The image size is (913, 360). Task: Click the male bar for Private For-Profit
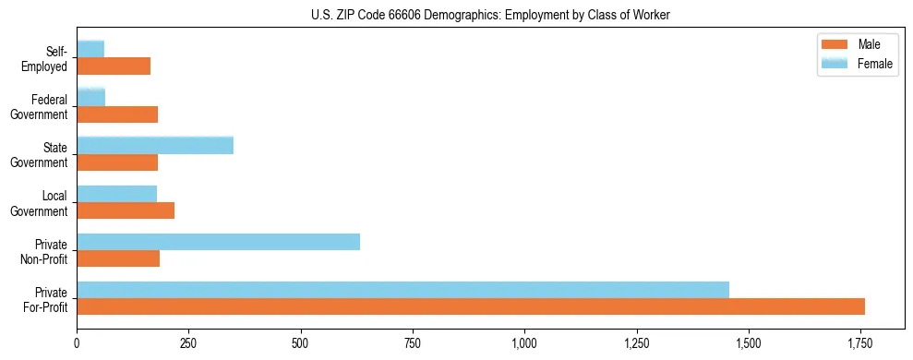(471, 306)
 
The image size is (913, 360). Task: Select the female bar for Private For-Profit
(402, 290)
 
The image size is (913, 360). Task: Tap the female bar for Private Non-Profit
(218, 242)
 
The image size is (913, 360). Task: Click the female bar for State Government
(155, 146)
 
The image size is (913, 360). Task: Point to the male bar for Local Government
(126, 210)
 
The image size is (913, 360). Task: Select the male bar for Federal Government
(117, 114)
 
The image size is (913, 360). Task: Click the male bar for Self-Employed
(114, 66)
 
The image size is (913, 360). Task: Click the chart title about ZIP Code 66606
(490, 15)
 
